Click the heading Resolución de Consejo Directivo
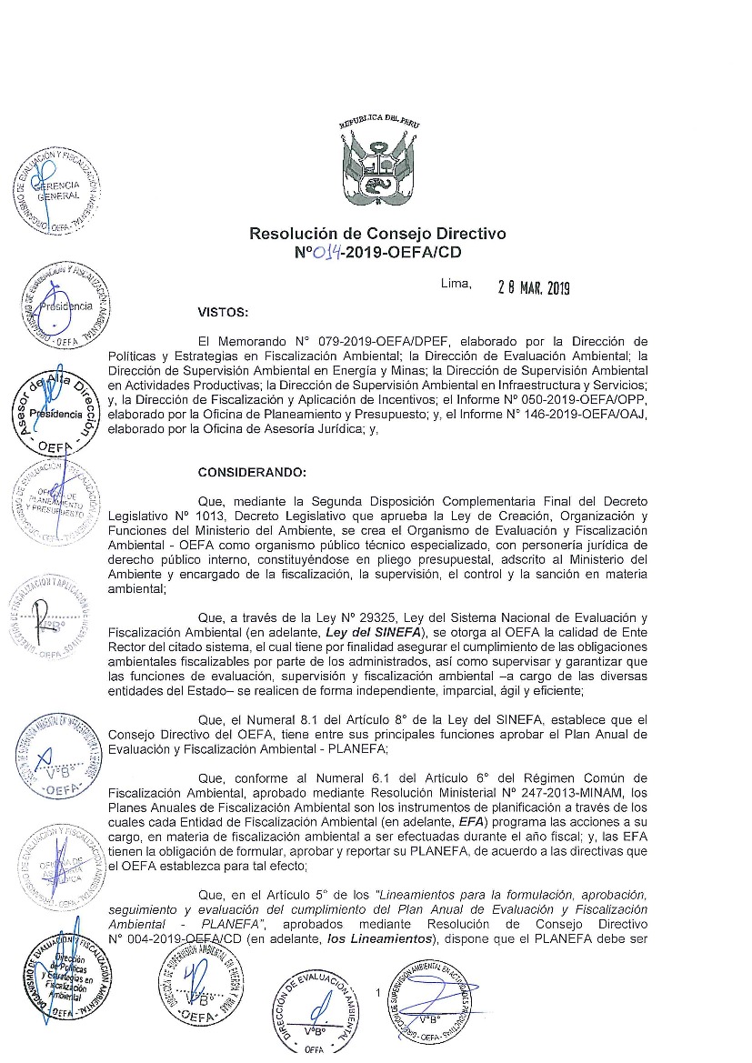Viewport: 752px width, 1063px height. pyautogui.click(x=377, y=234)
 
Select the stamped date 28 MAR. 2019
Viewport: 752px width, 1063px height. pyautogui.click(x=533, y=288)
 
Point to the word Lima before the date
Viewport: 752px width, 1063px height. pyautogui.click(x=456, y=283)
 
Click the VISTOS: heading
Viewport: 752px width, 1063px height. pyautogui.click(x=222, y=313)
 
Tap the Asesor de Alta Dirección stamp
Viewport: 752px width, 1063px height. pyautogui.click(x=57, y=414)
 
